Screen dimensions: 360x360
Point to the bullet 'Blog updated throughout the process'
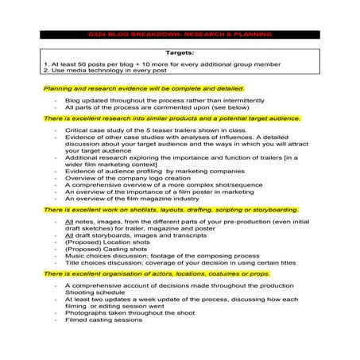[x=139, y=102]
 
